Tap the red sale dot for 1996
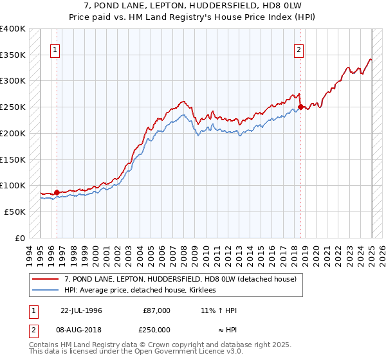[57, 192]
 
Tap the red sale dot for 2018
[300, 107]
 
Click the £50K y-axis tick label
[15, 212]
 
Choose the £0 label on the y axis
[19, 238]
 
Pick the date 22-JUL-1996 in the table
[81, 310]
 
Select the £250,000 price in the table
[156, 329]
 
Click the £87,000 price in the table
[156, 310]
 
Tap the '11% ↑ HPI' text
[219, 310]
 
